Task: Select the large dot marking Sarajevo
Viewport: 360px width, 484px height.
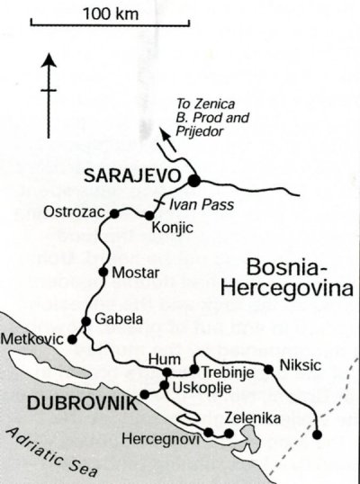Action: (x=193, y=177)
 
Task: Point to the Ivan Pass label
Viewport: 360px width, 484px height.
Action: (x=206, y=205)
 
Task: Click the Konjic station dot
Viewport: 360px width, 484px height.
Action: (x=149, y=216)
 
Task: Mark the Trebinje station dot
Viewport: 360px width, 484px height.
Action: (x=193, y=369)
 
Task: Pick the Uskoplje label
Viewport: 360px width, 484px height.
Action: (x=194, y=389)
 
